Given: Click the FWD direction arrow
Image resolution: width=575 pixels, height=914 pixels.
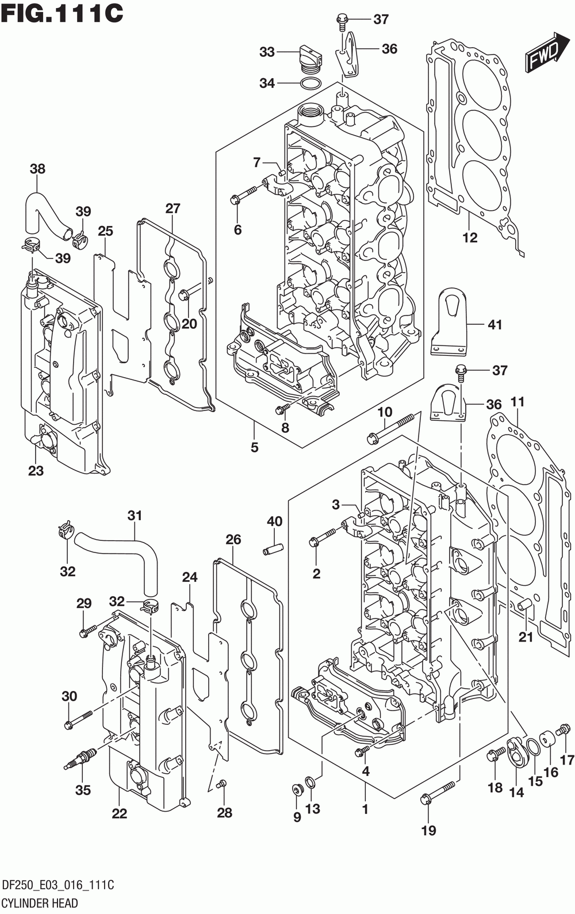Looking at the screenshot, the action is click(547, 52).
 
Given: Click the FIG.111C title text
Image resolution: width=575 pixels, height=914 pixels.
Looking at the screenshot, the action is click(62, 13).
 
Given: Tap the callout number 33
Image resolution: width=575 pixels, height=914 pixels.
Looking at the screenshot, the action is click(267, 52).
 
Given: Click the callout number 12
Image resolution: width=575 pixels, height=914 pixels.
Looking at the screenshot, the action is click(470, 237).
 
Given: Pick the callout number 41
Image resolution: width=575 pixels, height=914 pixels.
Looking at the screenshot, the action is click(494, 325).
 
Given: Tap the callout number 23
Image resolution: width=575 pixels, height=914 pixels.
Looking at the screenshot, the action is click(36, 471).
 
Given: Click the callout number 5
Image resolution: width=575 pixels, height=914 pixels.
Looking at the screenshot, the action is click(255, 447).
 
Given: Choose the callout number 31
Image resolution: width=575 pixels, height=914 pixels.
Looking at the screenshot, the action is click(135, 516).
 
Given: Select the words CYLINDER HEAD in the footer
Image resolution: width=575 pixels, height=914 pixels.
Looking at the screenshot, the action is click(40, 902).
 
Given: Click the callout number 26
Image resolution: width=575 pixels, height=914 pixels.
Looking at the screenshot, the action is click(233, 539).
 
